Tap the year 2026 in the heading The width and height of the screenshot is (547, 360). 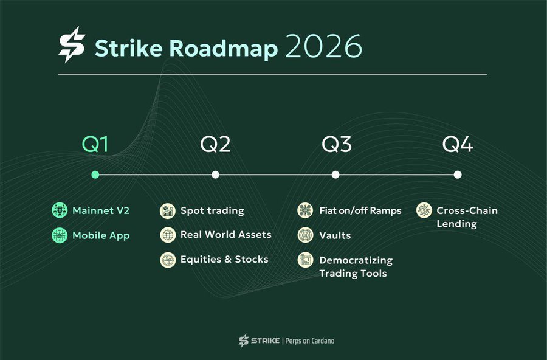pyautogui.click(x=323, y=47)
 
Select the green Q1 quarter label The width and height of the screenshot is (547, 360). pyautogui.click(x=95, y=145)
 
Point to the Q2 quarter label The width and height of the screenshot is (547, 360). pyautogui.click(x=215, y=145)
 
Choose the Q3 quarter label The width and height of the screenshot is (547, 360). pyautogui.click(x=336, y=145)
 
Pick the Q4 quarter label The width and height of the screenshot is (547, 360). pyautogui.click(x=457, y=145)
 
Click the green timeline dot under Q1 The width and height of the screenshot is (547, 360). pyautogui.click(x=95, y=175)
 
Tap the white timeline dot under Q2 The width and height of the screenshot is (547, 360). pyautogui.click(x=215, y=175)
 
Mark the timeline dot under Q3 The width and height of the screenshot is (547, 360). pyautogui.click(x=335, y=175)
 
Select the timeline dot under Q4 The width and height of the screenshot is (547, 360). pyautogui.click(x=457, y=175)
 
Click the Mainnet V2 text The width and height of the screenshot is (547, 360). pyautogui.click(x=101, y=211)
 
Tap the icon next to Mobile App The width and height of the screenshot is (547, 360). pyautogui.click(x=60, y=235)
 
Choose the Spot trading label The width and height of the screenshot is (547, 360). pyautogui.click(x=212, y=211)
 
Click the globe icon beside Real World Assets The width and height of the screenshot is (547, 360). pyautogui.click(x=168, y=235)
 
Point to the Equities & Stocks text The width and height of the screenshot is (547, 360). pyautogui.click(x=224, y=260)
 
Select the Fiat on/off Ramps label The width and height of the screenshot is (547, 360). pyautogui.click(x=360, y=211)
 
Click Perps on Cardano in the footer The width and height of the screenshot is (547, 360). pyautogui.click(x=316, y=341)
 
